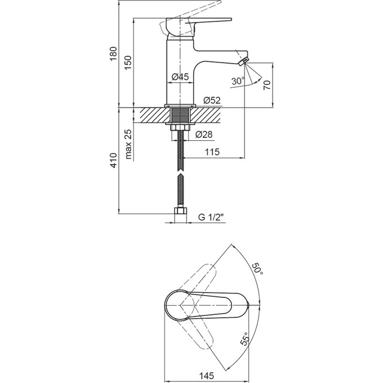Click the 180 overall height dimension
114,54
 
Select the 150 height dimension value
128,62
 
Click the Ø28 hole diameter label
203,135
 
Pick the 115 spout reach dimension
212,152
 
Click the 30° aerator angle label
238,81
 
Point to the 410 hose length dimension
114,161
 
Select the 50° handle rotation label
258,269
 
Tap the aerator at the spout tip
244,60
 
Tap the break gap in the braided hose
180,174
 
